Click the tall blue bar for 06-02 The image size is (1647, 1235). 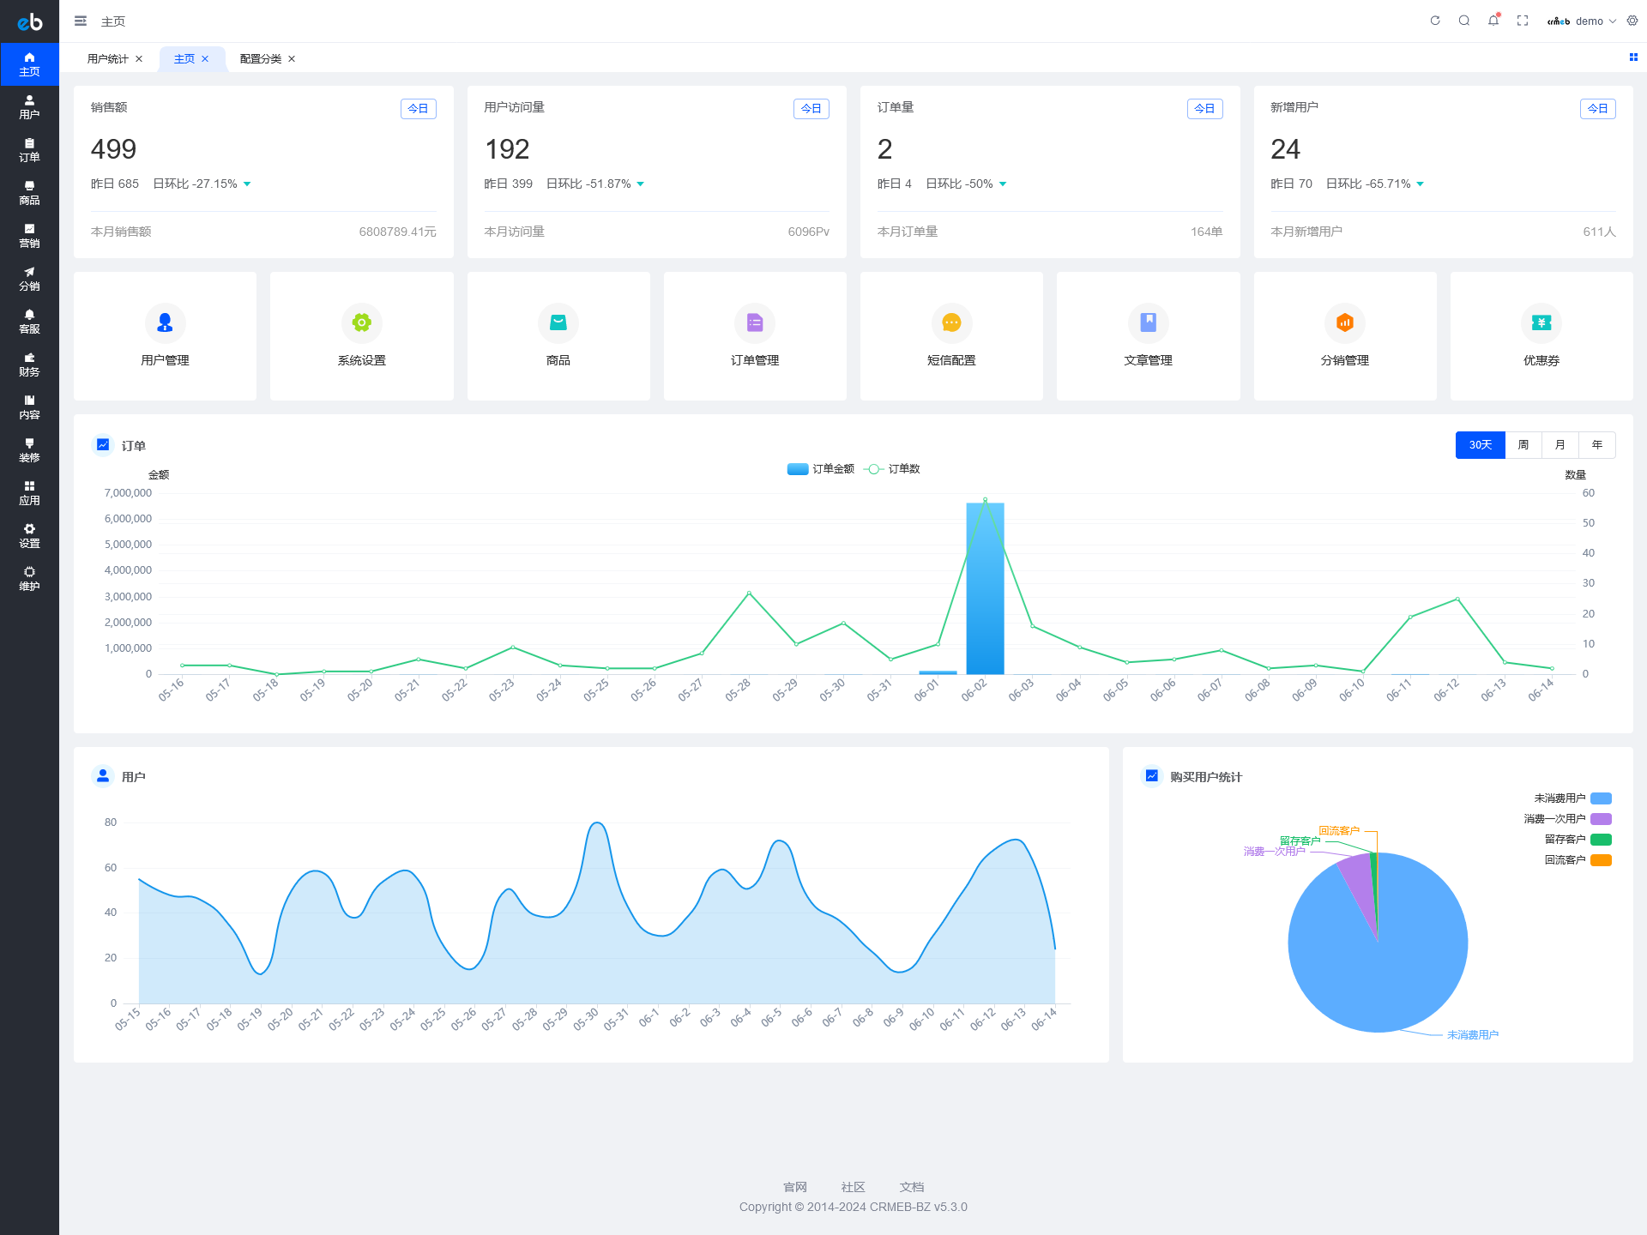985,592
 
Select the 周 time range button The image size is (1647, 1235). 1523,445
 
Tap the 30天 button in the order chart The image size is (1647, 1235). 1480,445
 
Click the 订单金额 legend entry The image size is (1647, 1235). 821,469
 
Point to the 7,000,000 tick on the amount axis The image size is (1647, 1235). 128,493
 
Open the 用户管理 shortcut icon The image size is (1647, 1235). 165,322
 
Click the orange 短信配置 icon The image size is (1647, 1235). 951,322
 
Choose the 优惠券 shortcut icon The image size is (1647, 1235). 1541,322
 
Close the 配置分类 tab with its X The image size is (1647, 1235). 292,59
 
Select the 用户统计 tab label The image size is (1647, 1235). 107,59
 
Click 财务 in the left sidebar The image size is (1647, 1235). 29,364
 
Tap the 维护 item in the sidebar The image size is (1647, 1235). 29,579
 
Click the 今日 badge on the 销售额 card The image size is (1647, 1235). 418,109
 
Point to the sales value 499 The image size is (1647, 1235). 113,149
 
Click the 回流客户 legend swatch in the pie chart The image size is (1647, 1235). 1601,860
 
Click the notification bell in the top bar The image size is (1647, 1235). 1493,21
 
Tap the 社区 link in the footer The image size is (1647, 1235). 853,1187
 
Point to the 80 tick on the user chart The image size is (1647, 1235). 111,822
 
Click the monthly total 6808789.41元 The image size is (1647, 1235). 397,232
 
